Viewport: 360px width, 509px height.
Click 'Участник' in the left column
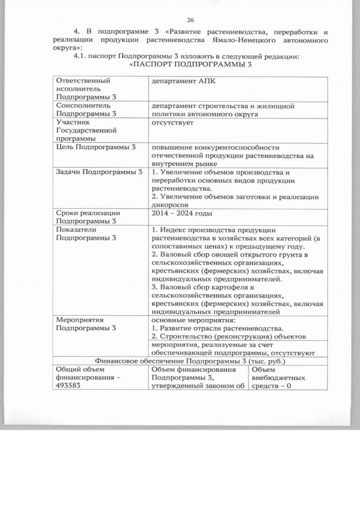(73, 121)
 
